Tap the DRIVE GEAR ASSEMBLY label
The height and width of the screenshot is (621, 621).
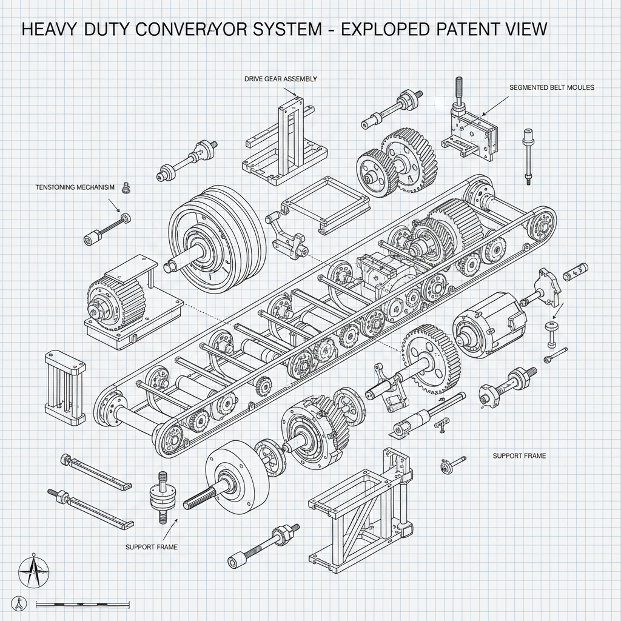click(x=280, y=79)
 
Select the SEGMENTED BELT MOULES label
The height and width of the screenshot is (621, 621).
click(x=552, y=87)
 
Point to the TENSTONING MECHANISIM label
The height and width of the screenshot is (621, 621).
click(x=71, y=188)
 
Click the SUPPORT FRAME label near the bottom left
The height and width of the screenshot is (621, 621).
click(x=152, y=546)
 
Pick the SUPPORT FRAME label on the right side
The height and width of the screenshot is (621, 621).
click(x=519, y=455)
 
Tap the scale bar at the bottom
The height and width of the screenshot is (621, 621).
click(x=83, y=604)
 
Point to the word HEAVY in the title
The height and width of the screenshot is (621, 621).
click(x=49, y=29)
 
